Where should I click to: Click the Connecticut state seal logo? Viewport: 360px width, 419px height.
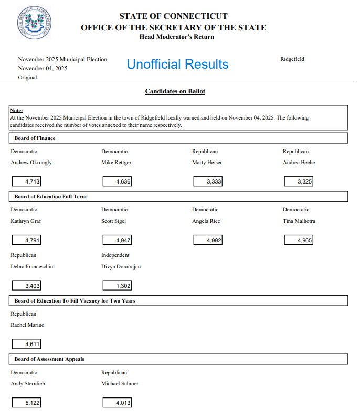coord(34,23)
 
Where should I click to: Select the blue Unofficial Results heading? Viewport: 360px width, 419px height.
coord(177,65)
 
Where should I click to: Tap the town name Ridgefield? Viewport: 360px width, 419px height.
coord(292,59)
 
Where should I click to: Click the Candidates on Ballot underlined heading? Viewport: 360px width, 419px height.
coord(175,91)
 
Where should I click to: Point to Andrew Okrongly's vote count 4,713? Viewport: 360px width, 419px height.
coord(27,182)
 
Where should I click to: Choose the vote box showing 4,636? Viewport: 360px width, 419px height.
coord(117,182)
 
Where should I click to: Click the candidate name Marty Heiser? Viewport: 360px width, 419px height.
coord(207,163)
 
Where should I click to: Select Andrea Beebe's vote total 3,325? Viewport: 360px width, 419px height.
coord(299,182)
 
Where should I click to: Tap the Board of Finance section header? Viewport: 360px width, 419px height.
coord(35,138)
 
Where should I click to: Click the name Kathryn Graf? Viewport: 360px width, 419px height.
coord(26,221)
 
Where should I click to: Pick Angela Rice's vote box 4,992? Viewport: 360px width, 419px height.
coord(208,240)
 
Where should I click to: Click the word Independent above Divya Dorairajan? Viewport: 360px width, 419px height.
coord(115,255)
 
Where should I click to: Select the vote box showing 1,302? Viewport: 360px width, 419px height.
coord(117,286)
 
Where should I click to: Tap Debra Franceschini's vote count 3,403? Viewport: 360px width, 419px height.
coord(27,286)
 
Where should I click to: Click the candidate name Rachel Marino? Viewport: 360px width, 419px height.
coord(27,325)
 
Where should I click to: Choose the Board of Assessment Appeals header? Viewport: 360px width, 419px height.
coord(49,359)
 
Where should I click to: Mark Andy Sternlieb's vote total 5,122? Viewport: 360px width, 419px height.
coord(27,403)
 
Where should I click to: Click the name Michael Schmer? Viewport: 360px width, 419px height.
coord(120,384)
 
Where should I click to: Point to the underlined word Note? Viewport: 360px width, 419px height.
coord(16,111)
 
